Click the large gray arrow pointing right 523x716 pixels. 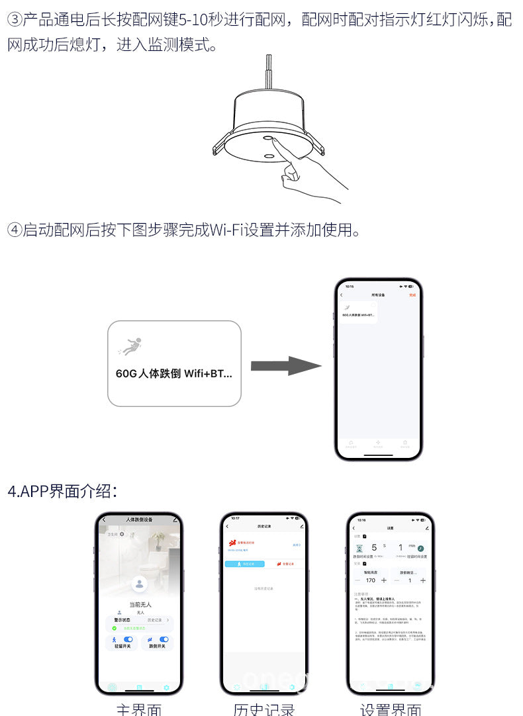click(x=285, y=366)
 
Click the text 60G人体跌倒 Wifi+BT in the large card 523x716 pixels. click(x=173, y=373)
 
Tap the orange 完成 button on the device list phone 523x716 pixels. click(x=412, y=294)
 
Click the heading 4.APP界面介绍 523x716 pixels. click(x=63, y=492)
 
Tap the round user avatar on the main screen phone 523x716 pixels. click(x=139, y=584)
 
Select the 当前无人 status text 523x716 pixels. click(x=140, y=604)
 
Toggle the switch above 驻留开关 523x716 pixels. click(x=128, y=639)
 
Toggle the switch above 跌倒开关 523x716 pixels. click(x=164, y=639)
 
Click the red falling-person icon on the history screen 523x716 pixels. click(x=232, y=543)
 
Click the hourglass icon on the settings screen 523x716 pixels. click(x=359, y=549)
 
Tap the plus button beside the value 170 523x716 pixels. click(x=384, y=580)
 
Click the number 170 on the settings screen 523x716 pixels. click(x=371, y=580)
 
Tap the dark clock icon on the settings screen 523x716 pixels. click(x=420, y=549)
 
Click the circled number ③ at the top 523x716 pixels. click(x=15, y=19)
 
